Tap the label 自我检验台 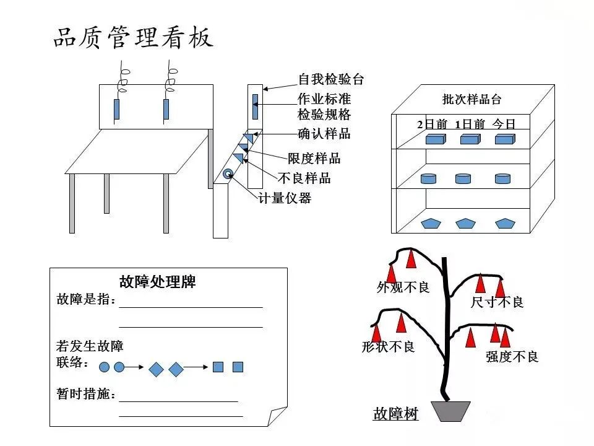[x=330, y=79]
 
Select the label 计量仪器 [x=285, y=198]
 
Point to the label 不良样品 [x=304, y=178]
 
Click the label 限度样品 [x=314, y=159]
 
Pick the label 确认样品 [x=324, y=134]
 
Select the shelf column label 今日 [x=504, y=124]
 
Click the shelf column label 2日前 [x=432, y=124]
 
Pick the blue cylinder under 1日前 [x=463, y=178]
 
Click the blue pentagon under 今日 [x=505, y=223]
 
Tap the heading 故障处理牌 [x=157, y=282]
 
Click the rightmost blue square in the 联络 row [x=238, y=367]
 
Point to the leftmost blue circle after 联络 [x=104, y=367]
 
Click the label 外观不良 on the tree [x=403, y=287]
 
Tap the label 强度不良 [x=512, y=357]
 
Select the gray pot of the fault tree [x=450, y=411]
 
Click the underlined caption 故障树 [x=395, y=414]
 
